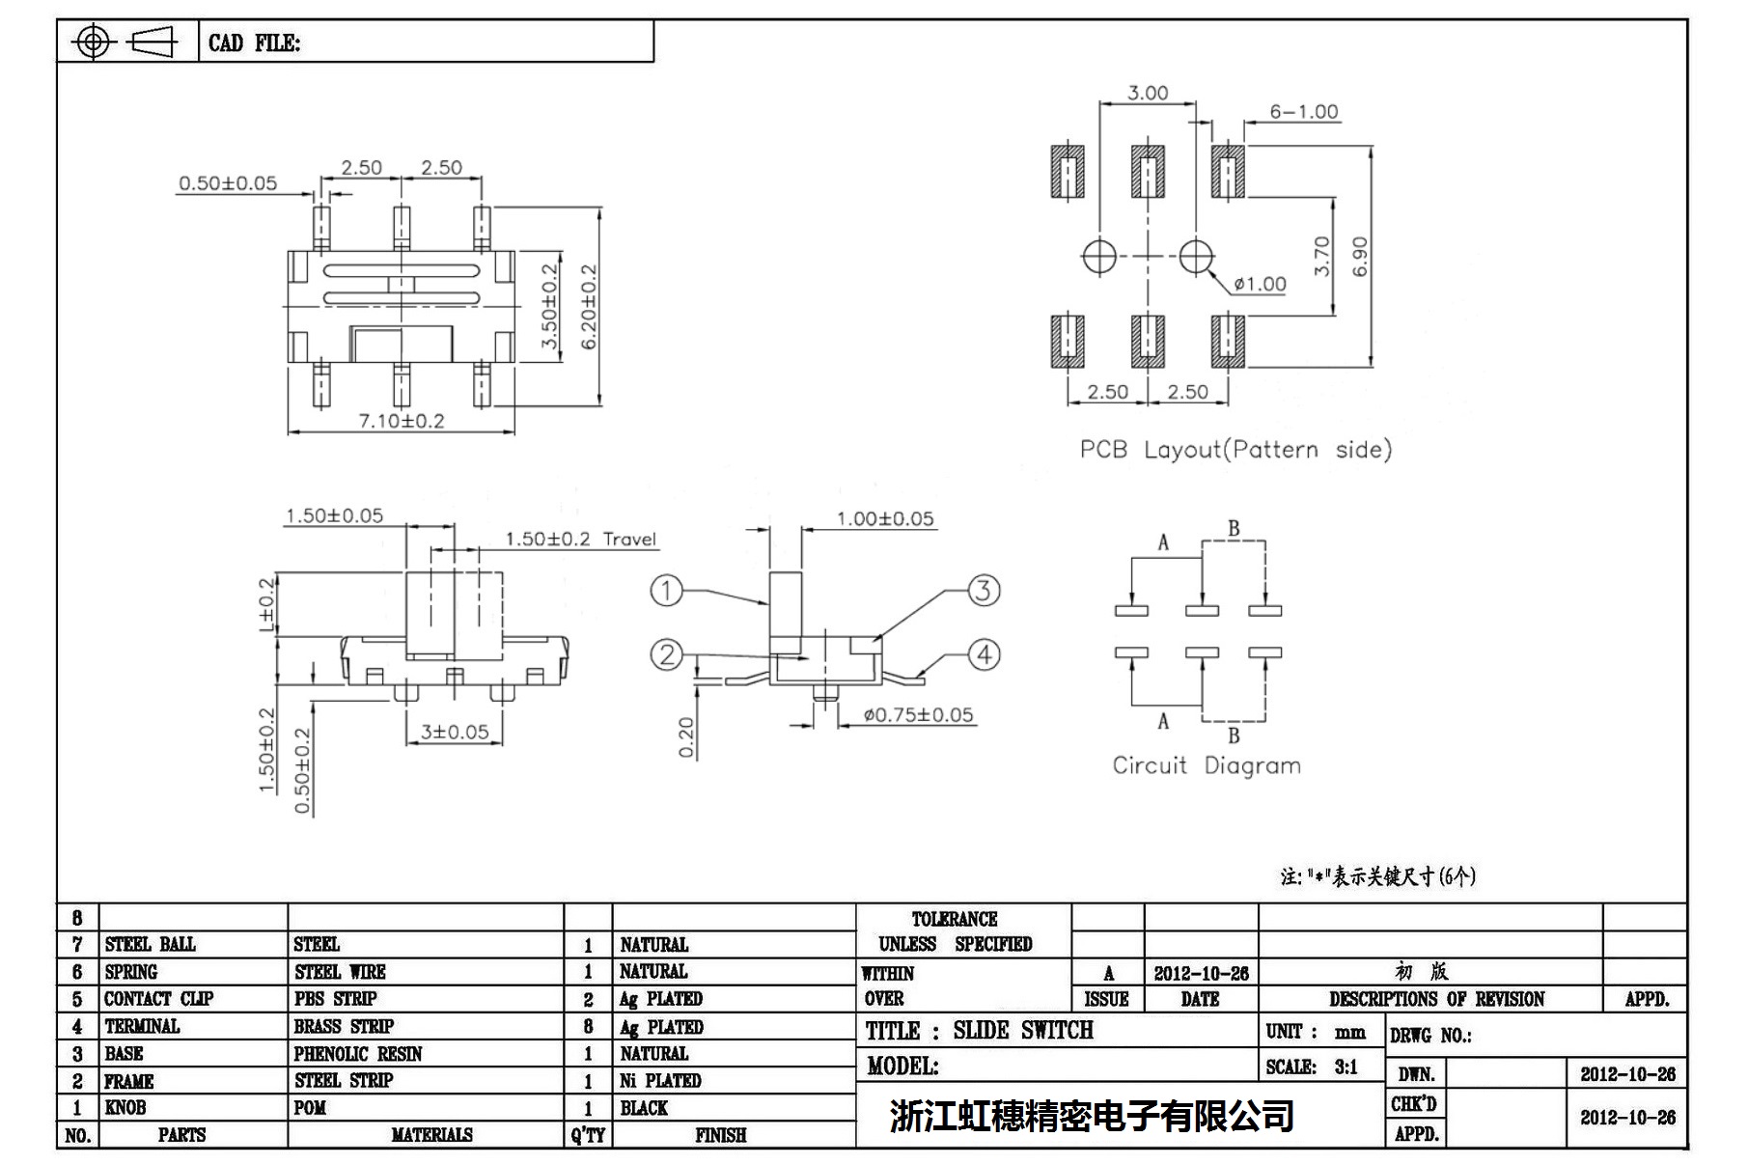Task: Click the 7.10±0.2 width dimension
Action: tap(402, 421)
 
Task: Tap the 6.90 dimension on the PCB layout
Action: tap(1360, 257)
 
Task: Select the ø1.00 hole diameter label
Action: tap(1260, 284)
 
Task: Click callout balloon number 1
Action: tap(667, 590)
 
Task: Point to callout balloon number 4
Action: tap(984, 655)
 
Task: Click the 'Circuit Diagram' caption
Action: tap(1206, 765)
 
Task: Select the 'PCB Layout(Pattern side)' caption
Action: tap(1235, 450)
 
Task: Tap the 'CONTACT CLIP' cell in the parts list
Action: tap(158, 999)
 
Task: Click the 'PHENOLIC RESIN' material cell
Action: tap(358, 1054)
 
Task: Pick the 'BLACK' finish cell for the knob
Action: tap(644, 1108)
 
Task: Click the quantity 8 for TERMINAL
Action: tap(588, 1027)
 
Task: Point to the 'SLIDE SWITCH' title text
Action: tap(1023, 1031)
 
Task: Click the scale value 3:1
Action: tap(1346, 1068)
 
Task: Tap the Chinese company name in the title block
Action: tap(1091, 1116)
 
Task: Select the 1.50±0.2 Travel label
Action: tap(581, 540)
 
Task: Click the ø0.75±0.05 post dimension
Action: tap(918, 715)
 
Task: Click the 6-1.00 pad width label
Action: tap(1304, 112)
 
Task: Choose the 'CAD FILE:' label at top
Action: tap(254, 43)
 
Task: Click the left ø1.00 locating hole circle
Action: tap(1099, 257)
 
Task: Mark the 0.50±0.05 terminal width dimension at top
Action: tap(228, 183)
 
